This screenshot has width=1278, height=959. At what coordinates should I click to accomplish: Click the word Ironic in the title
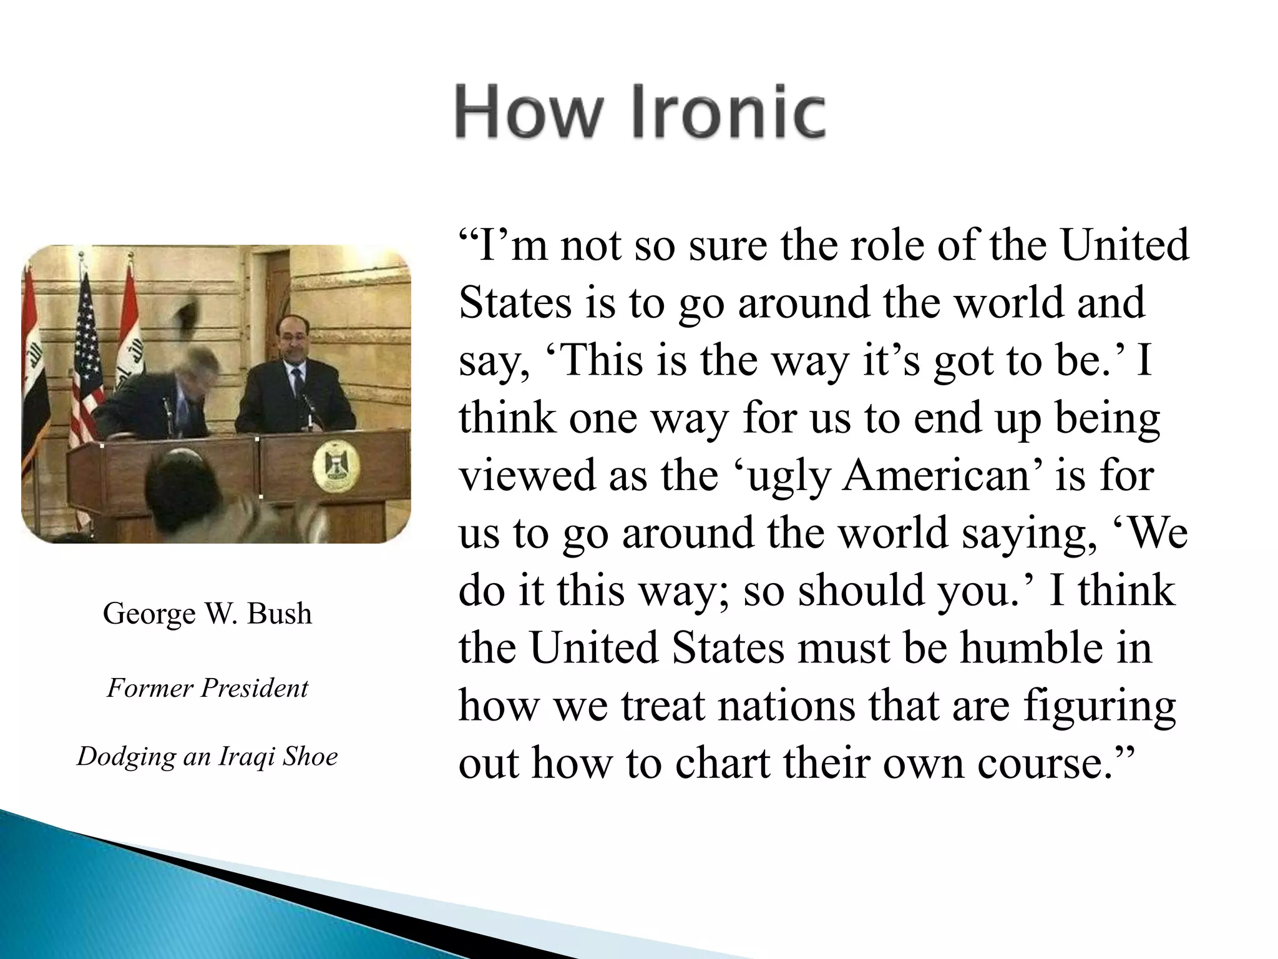729,113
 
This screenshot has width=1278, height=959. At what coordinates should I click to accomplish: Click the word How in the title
530,113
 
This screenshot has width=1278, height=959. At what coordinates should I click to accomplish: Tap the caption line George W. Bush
207,613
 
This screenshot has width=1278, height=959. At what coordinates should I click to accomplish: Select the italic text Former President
207,688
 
